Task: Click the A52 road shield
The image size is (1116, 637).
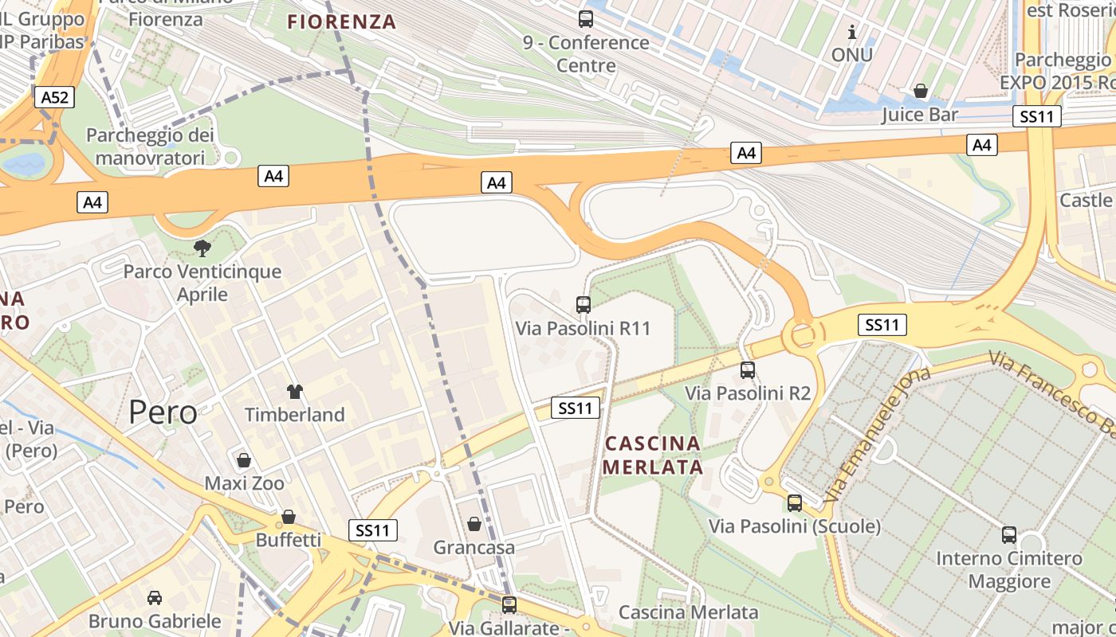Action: click(x=55, y=97)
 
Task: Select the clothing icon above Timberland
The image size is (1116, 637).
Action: click(x=295, y=391)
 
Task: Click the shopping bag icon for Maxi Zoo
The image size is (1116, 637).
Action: click(x=244, y=460)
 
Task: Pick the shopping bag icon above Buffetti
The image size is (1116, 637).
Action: click(x=288, y=517)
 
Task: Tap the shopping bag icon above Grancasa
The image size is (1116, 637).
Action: click(x=474, y=524)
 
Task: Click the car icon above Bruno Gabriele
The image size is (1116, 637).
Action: click(x=155, y=597)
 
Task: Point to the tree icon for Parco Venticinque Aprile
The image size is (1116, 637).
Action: click(x=202, y=248)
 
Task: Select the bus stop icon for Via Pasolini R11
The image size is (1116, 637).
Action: click(x=584, y=304)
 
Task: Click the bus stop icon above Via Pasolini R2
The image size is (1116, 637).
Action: click(x=748, y=369)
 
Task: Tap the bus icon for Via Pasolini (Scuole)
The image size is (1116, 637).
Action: click(x=795, y=502)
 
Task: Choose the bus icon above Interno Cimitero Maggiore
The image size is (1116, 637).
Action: click(x=1009, y=534)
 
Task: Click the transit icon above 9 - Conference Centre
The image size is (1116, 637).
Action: click(x=586, y=18)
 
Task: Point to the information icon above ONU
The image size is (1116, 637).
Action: click(x=852, y=32)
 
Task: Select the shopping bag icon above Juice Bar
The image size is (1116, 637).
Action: click(x=921, y=91)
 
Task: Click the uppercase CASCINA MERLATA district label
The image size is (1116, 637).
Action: click(x=653, y=455)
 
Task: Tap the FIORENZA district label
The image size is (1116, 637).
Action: click(x=342, y=22)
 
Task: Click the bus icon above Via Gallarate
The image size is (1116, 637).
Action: click(x=509, y=604)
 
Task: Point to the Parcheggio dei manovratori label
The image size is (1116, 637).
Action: click(x=151, y=147)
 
